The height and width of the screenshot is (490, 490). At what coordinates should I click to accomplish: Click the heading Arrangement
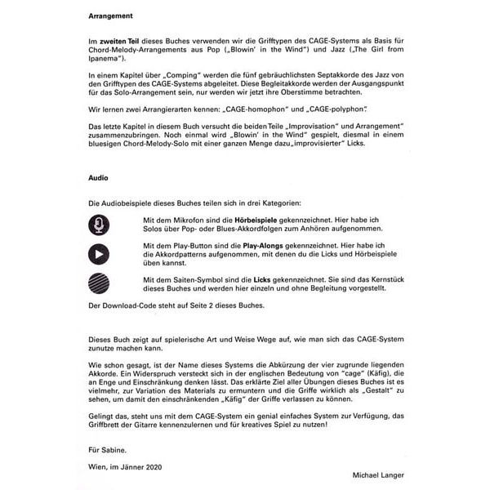113,16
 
